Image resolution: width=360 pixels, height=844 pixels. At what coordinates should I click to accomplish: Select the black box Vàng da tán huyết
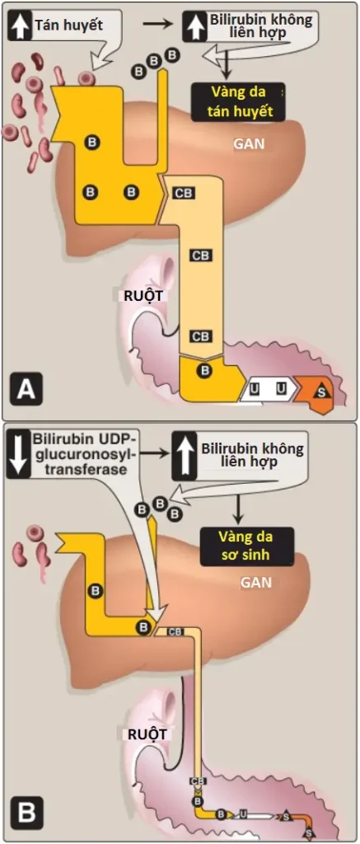tap(236, 101)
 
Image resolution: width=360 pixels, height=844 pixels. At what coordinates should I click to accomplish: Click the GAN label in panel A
tap(248, 144)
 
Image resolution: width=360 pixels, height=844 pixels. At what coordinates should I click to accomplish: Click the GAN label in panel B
tap(256, 583)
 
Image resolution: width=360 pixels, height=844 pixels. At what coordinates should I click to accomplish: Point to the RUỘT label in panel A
tap(140, 295)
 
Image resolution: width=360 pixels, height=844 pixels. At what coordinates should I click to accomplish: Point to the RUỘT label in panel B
tap(146, 734)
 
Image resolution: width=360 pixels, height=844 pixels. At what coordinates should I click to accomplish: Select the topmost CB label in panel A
tap(183, 193)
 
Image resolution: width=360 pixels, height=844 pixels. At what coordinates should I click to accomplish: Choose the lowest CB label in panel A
tap(201, 336)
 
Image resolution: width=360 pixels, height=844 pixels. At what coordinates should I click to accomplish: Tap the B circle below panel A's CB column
tap(204, 370)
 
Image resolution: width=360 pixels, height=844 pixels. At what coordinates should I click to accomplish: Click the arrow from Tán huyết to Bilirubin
tap(157, 25)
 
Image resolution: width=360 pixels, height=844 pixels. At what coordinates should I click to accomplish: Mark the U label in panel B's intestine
tap(243, 814)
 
